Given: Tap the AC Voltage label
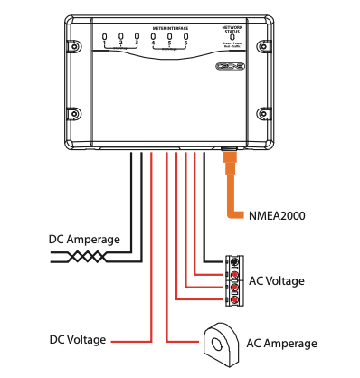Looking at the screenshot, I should point(276,281).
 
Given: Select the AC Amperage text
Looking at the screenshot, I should point(282,343).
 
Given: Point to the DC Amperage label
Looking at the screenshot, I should point(84,240).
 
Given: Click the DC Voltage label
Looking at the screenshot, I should point(77,341).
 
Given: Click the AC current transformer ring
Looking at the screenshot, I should point(218,341).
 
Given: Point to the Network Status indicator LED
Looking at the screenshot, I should point(232,38).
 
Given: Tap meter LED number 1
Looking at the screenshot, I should point(105,37).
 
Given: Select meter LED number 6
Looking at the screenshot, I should point(185,37).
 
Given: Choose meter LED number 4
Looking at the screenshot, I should point(153,37).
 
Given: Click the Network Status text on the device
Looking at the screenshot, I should point(232,29).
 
